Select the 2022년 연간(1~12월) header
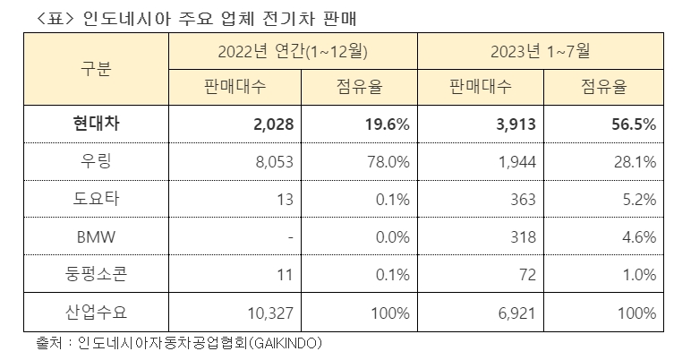coord(293,52)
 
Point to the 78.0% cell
coord(388,162)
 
